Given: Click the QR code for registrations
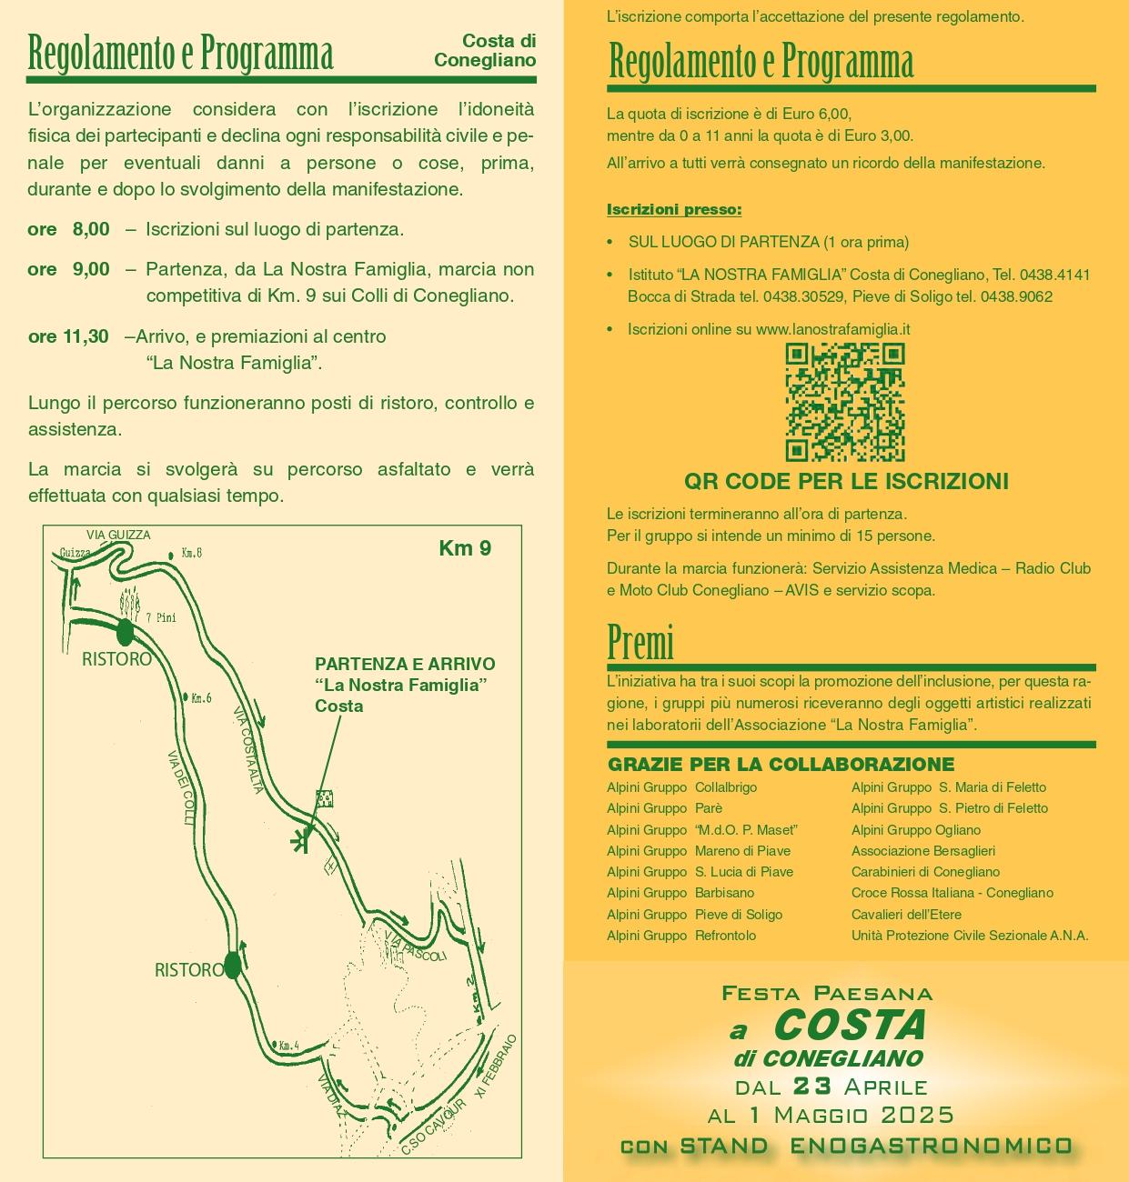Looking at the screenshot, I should (x=844, y=403).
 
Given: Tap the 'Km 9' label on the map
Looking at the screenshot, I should (x=464, y=548).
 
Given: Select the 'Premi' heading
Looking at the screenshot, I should (x=640, y=644).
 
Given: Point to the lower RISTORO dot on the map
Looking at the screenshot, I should (x=232, y=965).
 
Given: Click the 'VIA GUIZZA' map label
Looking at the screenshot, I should (x=118, y=535).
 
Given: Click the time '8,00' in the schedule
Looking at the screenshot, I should (x=91, y=229).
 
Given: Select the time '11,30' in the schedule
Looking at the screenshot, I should (x=86, y=336).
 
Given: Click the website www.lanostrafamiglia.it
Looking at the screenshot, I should (x=832, y=329).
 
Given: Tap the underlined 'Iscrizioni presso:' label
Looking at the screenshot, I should (x=674, y=210).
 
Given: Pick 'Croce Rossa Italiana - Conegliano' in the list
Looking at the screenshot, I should (x=952, y=893).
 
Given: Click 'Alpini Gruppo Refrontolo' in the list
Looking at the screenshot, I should (x=681, y=936).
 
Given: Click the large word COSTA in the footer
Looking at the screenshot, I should (x=850, y=1026).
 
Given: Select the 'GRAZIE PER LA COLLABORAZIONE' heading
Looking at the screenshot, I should (x=781, y=765).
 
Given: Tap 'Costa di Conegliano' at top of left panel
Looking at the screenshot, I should (x=486, y=51).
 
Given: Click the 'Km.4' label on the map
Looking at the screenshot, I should (x=288, y=1047).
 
